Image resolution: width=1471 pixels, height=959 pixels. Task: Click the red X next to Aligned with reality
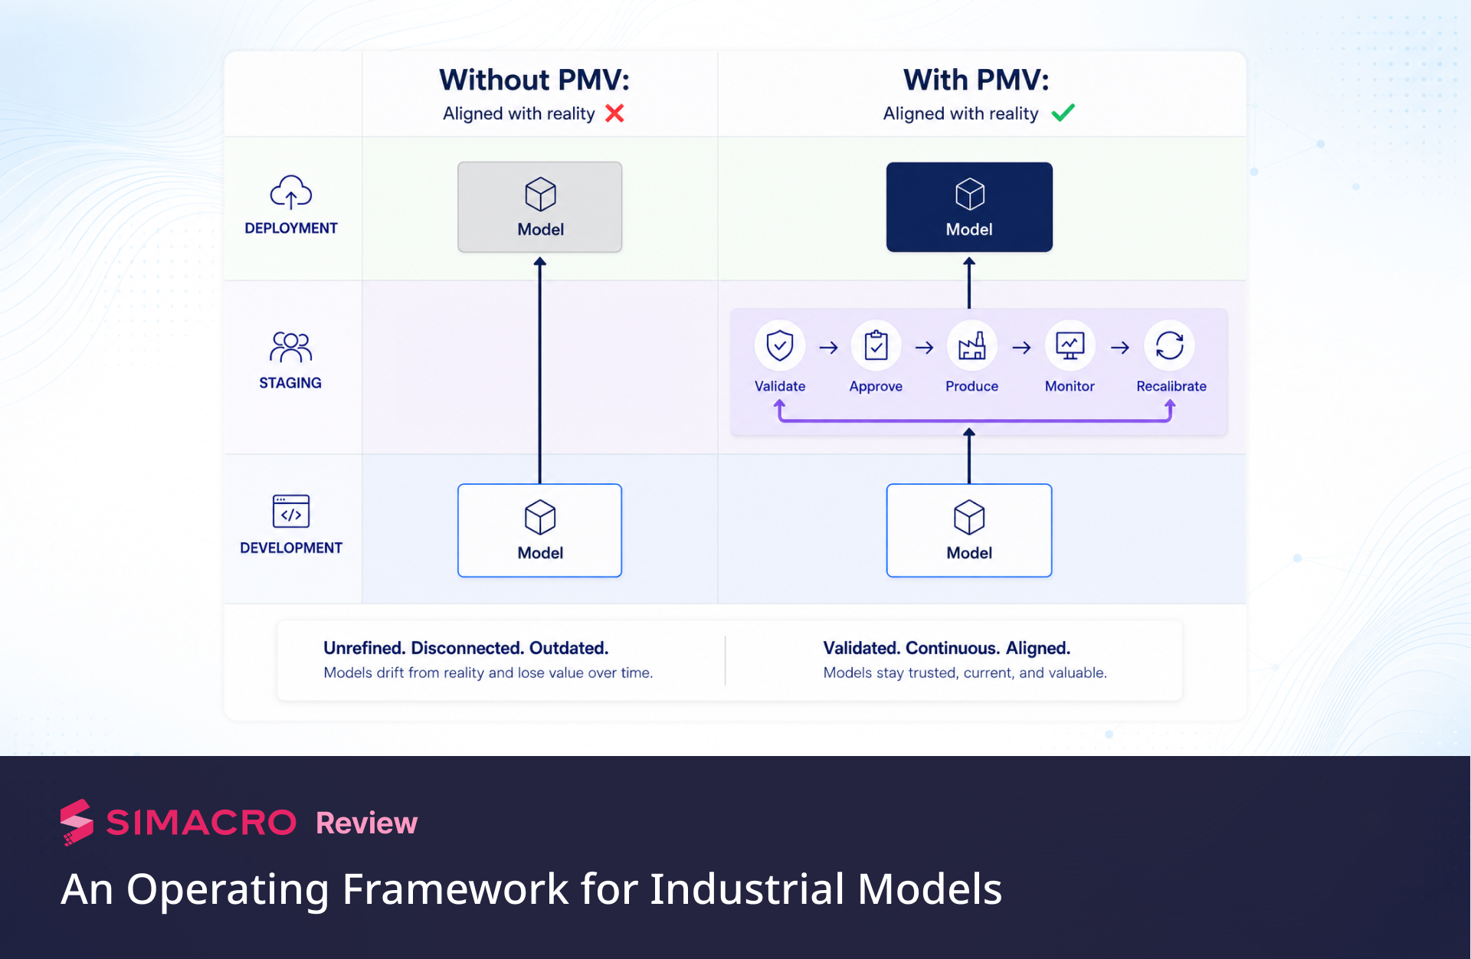pos(614,113)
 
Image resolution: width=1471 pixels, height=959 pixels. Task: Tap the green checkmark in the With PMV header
pos(1063,113)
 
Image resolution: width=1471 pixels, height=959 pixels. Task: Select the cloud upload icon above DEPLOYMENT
pos(291,192)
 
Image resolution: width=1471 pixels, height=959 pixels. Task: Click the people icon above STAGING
pos(290,347)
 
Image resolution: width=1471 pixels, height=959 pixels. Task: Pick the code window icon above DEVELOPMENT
pos(291,511)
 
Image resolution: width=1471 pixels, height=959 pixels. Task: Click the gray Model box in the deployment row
pos(540,207)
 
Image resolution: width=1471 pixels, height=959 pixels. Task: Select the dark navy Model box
pos(969,207)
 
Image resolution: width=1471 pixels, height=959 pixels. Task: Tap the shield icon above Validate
pos(780,345)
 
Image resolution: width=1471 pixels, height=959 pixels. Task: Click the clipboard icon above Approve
pos(876,345)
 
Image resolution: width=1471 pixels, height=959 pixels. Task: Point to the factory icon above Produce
pos(972,346)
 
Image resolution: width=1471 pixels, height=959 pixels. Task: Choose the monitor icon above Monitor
pos(1070,346)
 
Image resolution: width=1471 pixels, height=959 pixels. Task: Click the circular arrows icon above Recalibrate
pos(1170,345)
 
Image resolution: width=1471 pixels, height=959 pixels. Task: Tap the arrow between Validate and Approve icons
pos(828,348)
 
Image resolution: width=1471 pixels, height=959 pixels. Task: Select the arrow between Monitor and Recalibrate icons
pos(1120,348)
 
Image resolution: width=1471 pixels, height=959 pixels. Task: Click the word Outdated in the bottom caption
pos(568,648)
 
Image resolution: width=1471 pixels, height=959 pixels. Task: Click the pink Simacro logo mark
pos(77,823)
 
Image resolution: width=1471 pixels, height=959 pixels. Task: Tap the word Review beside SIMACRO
pos(367,823)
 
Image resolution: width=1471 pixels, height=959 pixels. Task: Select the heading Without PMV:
pos(535,80)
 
